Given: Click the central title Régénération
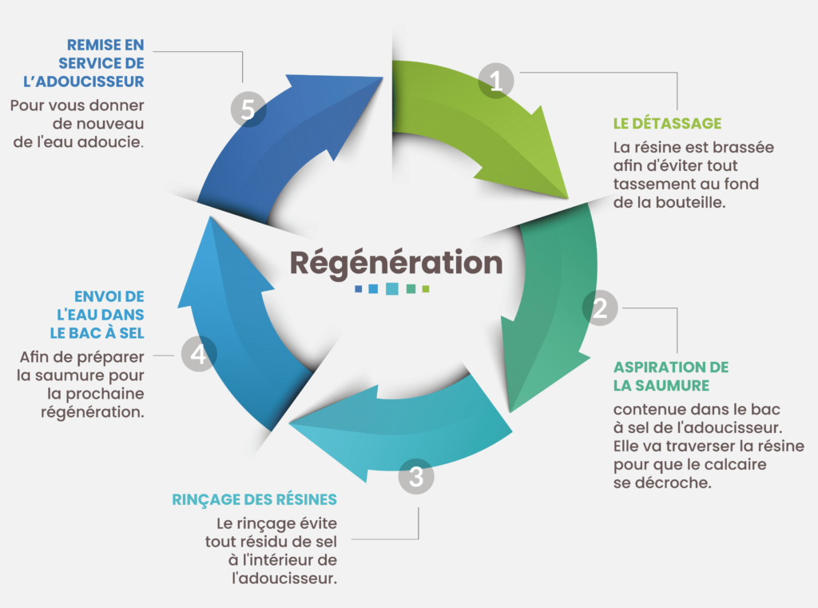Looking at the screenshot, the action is [396, 263].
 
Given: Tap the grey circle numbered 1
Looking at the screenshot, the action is [496, 81].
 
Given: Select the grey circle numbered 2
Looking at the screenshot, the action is [600, 308].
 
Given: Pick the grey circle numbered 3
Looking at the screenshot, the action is [415, 476].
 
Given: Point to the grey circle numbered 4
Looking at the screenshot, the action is [199, 354].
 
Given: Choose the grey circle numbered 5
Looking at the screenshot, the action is [248, 109].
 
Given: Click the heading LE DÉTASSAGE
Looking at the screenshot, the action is [667, 124].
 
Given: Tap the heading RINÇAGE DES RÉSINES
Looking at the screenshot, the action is [255, 500].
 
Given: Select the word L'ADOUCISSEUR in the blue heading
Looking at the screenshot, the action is [83, 81].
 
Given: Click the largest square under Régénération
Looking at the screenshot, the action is [391, 288].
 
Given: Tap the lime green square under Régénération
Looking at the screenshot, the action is [426, 288].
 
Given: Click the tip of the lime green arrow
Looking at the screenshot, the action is [568, 199].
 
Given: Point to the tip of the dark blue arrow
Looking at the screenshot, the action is [383, 78].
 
